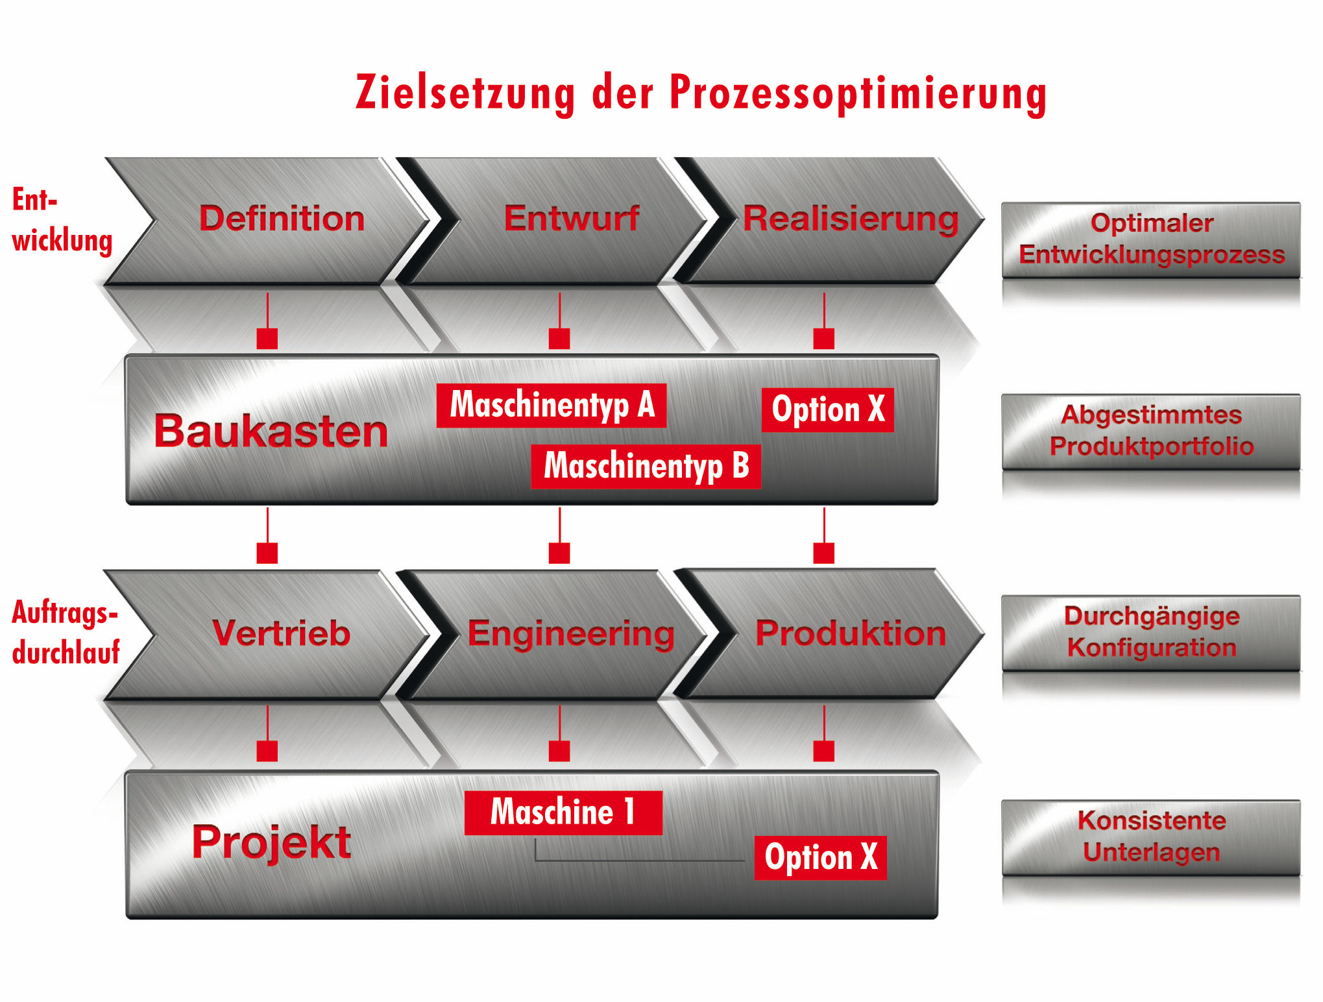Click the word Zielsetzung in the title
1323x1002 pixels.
coord(465,93)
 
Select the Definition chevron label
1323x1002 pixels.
coord(282,219)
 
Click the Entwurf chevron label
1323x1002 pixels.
coord(572,219)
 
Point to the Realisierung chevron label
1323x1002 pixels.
coord(850,219)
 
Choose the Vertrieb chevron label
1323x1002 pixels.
coord(281,633)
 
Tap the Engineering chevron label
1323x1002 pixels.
coord(571,634)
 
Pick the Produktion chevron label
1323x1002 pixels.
coord(850,633)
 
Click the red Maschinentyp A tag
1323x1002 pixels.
coord(552,406)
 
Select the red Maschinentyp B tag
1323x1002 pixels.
coord(646,466)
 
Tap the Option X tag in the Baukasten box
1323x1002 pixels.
coord(828,410)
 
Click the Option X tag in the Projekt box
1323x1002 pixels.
coord(821,857)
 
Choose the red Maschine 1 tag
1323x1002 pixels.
coord(563,812)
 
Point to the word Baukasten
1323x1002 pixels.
coord(271,432)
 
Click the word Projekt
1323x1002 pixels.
coord(271,842)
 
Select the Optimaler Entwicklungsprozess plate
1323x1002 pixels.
coord(1151,239)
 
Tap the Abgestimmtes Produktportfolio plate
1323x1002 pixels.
coord(1151,431)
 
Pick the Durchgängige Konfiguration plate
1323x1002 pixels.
coord(1151,632)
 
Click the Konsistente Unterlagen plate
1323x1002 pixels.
coord(1151,837)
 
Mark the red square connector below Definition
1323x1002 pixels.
coord(267,338)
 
